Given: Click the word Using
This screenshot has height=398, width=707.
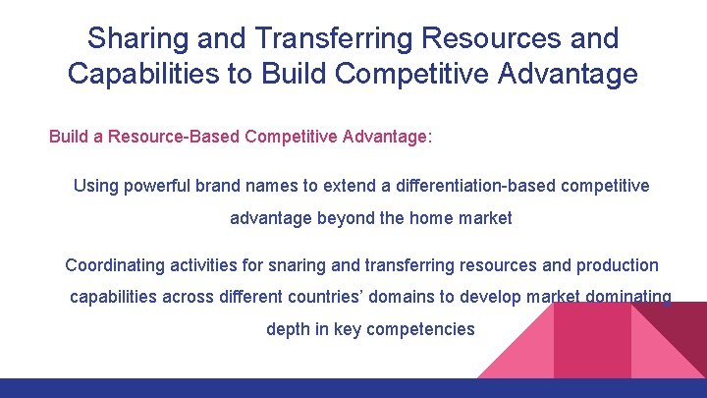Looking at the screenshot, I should pos(96,186).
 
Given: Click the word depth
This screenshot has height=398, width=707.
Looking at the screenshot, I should pos(288,329).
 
